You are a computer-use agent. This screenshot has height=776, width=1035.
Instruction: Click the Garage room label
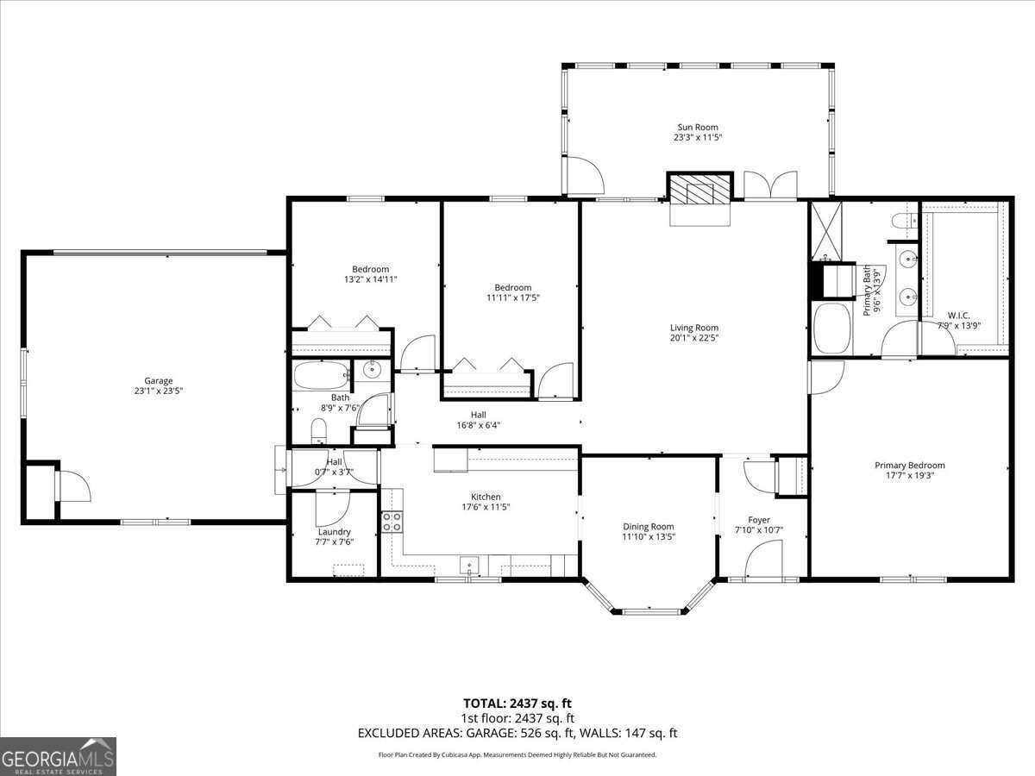click(158, 380)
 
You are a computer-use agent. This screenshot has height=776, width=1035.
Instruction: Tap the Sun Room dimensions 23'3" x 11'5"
click(697, 138)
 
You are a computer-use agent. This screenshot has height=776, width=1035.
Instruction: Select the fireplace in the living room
click(699, 192)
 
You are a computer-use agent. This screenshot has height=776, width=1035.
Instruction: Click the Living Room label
click(694, 328)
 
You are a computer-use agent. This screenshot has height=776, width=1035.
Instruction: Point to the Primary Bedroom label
click(909, 466)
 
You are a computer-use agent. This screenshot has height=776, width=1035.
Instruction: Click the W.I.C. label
click(959, 316)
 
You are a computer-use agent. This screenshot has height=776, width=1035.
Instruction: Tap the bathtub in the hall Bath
click(322, 376)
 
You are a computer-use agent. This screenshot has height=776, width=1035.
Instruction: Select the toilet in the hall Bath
click(318, 430)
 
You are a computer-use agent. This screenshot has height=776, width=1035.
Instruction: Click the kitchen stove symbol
click(392, 521)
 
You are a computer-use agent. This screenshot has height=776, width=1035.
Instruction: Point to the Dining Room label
click(649, 526)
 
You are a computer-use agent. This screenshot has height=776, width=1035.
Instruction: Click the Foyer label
click(759, 520)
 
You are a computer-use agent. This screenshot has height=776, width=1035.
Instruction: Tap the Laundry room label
click(334, 532)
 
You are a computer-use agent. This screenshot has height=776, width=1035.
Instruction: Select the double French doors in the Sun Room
click(770, 186)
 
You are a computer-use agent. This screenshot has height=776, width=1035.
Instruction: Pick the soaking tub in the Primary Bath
click(831, 329)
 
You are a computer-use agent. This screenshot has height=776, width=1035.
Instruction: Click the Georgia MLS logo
click(58, 756)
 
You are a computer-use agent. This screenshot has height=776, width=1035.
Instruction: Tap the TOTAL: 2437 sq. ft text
click(517, 703)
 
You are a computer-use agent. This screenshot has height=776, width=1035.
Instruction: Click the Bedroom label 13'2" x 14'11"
click(370, 269)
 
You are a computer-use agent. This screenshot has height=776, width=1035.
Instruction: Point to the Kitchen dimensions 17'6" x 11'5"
click(485, 508)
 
